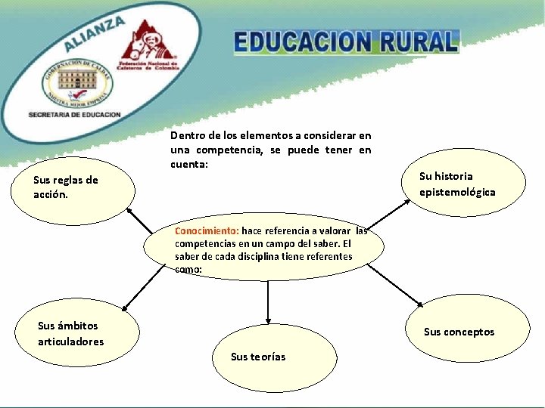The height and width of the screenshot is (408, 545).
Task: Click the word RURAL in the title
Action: pyautogui.click(x=419, y=42)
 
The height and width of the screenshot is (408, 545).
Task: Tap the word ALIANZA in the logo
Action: pyautogui.click(x=95, y=33)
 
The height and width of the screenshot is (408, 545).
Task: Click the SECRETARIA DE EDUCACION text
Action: pyautogui.click(x=74, y=114)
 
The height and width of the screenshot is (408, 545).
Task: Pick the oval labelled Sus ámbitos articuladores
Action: pyautogui.click(x=77, y=333)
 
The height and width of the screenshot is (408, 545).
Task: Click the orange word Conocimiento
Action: pyautogui.click(x=207, y=231)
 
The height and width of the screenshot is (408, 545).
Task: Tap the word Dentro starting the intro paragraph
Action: pyautogui.click(x=187, y=136)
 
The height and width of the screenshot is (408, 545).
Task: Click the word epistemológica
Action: pyautogui.click(x=457, y=192)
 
